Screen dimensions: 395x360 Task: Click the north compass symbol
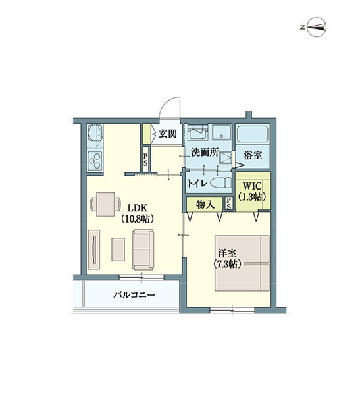click(x=314, y=27)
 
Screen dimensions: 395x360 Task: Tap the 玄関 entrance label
click(x=167, y=134)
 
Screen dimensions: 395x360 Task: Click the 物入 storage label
click(x=206, y=205)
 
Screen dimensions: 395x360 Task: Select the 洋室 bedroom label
click(x=228, y=251)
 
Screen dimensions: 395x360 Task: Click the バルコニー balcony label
click(x=133, y=295)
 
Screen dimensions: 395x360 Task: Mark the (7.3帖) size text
click(x=228, y=263)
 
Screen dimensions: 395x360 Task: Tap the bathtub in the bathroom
click(x=253, y=136)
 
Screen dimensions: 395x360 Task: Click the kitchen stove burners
click(x=94, y=161)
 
